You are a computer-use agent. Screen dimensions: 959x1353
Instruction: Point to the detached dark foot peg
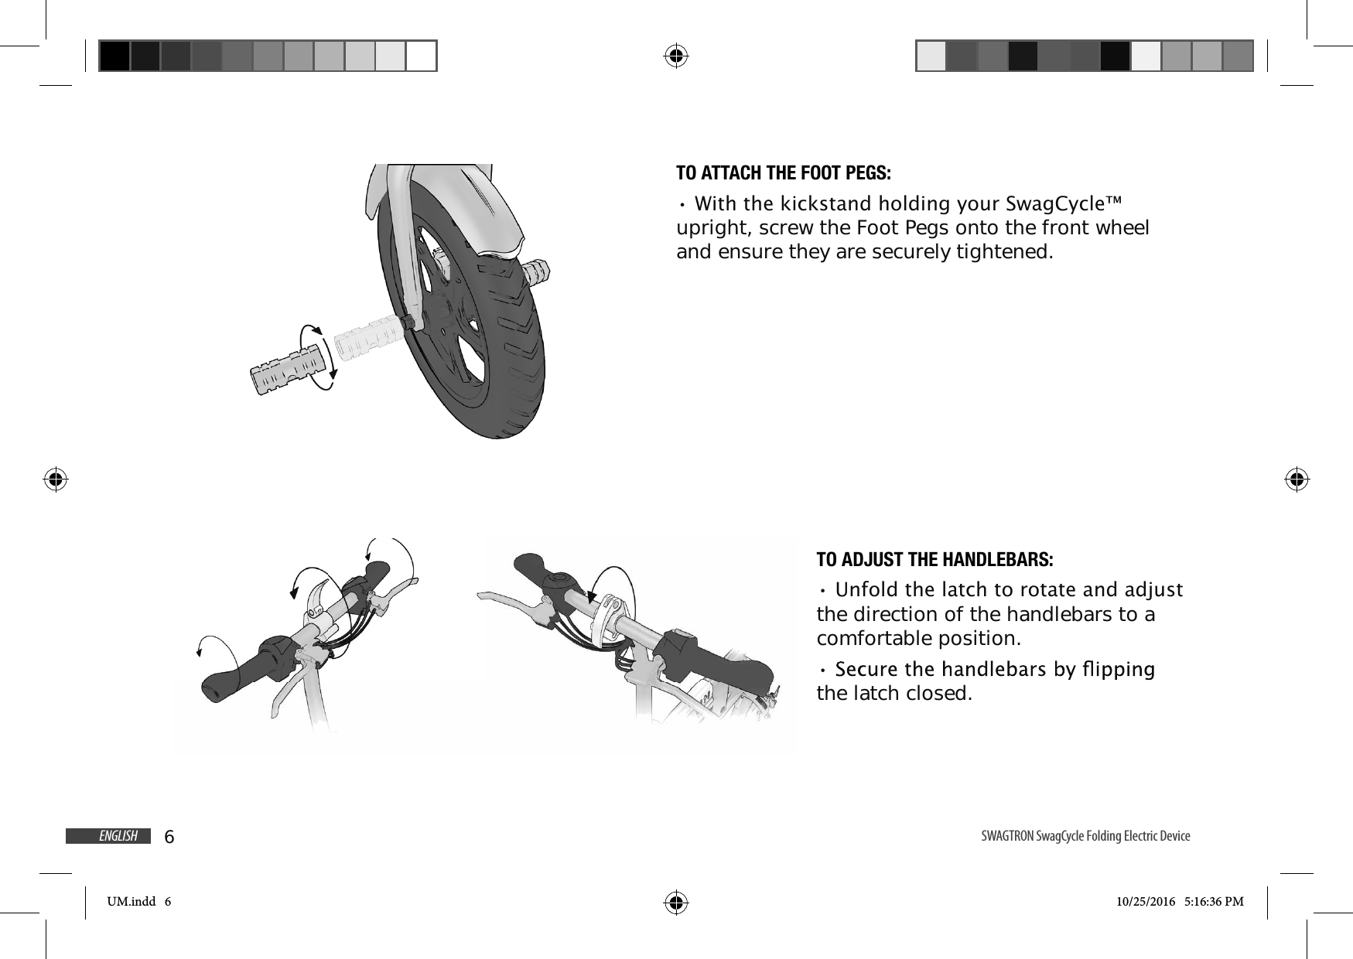[284, 375]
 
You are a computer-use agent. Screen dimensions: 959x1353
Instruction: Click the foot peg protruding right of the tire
[536, 271]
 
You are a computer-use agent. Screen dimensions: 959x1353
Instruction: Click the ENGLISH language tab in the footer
[118, 836]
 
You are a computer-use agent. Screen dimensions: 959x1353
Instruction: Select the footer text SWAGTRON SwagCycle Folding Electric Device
[1085, 836]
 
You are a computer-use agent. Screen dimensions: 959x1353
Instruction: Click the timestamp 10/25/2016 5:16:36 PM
[1180, 901]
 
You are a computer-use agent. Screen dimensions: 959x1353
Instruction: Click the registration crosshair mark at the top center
[676, 56]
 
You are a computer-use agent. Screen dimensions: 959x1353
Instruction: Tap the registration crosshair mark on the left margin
[56, 479]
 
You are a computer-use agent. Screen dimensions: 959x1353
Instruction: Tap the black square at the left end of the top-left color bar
[114, 56]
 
